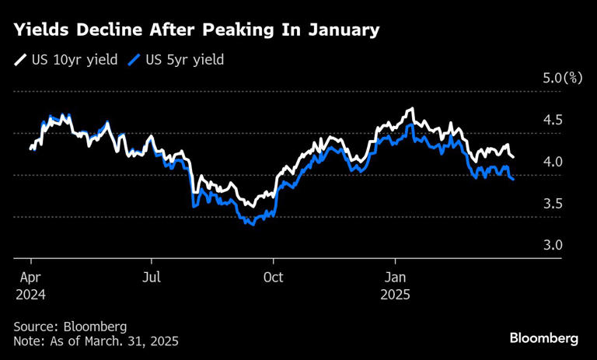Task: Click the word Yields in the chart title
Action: (x=40, y=31)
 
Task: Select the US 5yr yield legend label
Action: (x=185, y=59)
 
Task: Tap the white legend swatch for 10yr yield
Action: (x=19, y=59)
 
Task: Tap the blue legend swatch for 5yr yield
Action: (x=136, y=59)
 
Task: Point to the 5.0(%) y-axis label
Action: (x=562, y=79)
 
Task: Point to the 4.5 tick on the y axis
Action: (x=552, y=121)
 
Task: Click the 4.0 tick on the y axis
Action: (x=552, y=162)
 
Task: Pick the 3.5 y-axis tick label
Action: (x=552, y=204)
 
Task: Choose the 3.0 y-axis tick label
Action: (x=552, y=245)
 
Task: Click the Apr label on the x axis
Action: (x=30, y=277)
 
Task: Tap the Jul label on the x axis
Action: (x=152, y=277)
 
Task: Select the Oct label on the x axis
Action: (x=274, y=277)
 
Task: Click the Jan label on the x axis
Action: (x=396, y=277)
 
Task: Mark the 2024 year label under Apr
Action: (x=30, y=295)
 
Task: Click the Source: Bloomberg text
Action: (x=70, y=326)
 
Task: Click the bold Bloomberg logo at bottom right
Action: (x=544, y=338)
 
